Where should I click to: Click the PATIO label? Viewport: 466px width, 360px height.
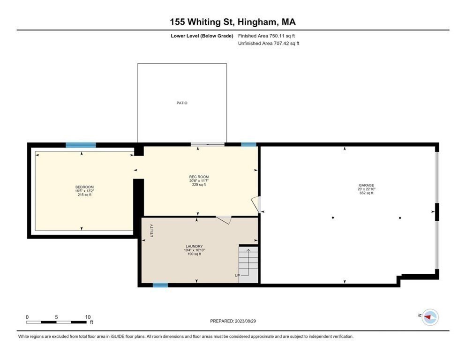(182, 103)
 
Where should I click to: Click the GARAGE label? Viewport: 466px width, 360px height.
(366, 185)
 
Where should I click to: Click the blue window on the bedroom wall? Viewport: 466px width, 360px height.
(81, 145)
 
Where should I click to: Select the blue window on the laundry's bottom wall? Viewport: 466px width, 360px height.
(160, 285)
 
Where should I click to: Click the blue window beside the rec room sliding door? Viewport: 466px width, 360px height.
(249, 144)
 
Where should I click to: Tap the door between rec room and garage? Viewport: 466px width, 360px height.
(256, 204)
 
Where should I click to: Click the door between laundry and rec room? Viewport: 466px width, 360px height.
(224, 219)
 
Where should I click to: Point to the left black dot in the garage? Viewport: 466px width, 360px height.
(333, 217)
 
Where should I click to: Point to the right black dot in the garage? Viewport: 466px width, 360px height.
(400, 217)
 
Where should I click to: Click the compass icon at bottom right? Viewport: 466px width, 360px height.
(429, 317)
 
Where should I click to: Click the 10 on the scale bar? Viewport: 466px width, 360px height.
(88, 317)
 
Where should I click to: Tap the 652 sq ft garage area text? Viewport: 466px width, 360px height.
(366, 193)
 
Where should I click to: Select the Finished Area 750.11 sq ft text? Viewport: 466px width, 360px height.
(266, 36)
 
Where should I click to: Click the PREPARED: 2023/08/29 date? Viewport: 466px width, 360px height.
(233, 321)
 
